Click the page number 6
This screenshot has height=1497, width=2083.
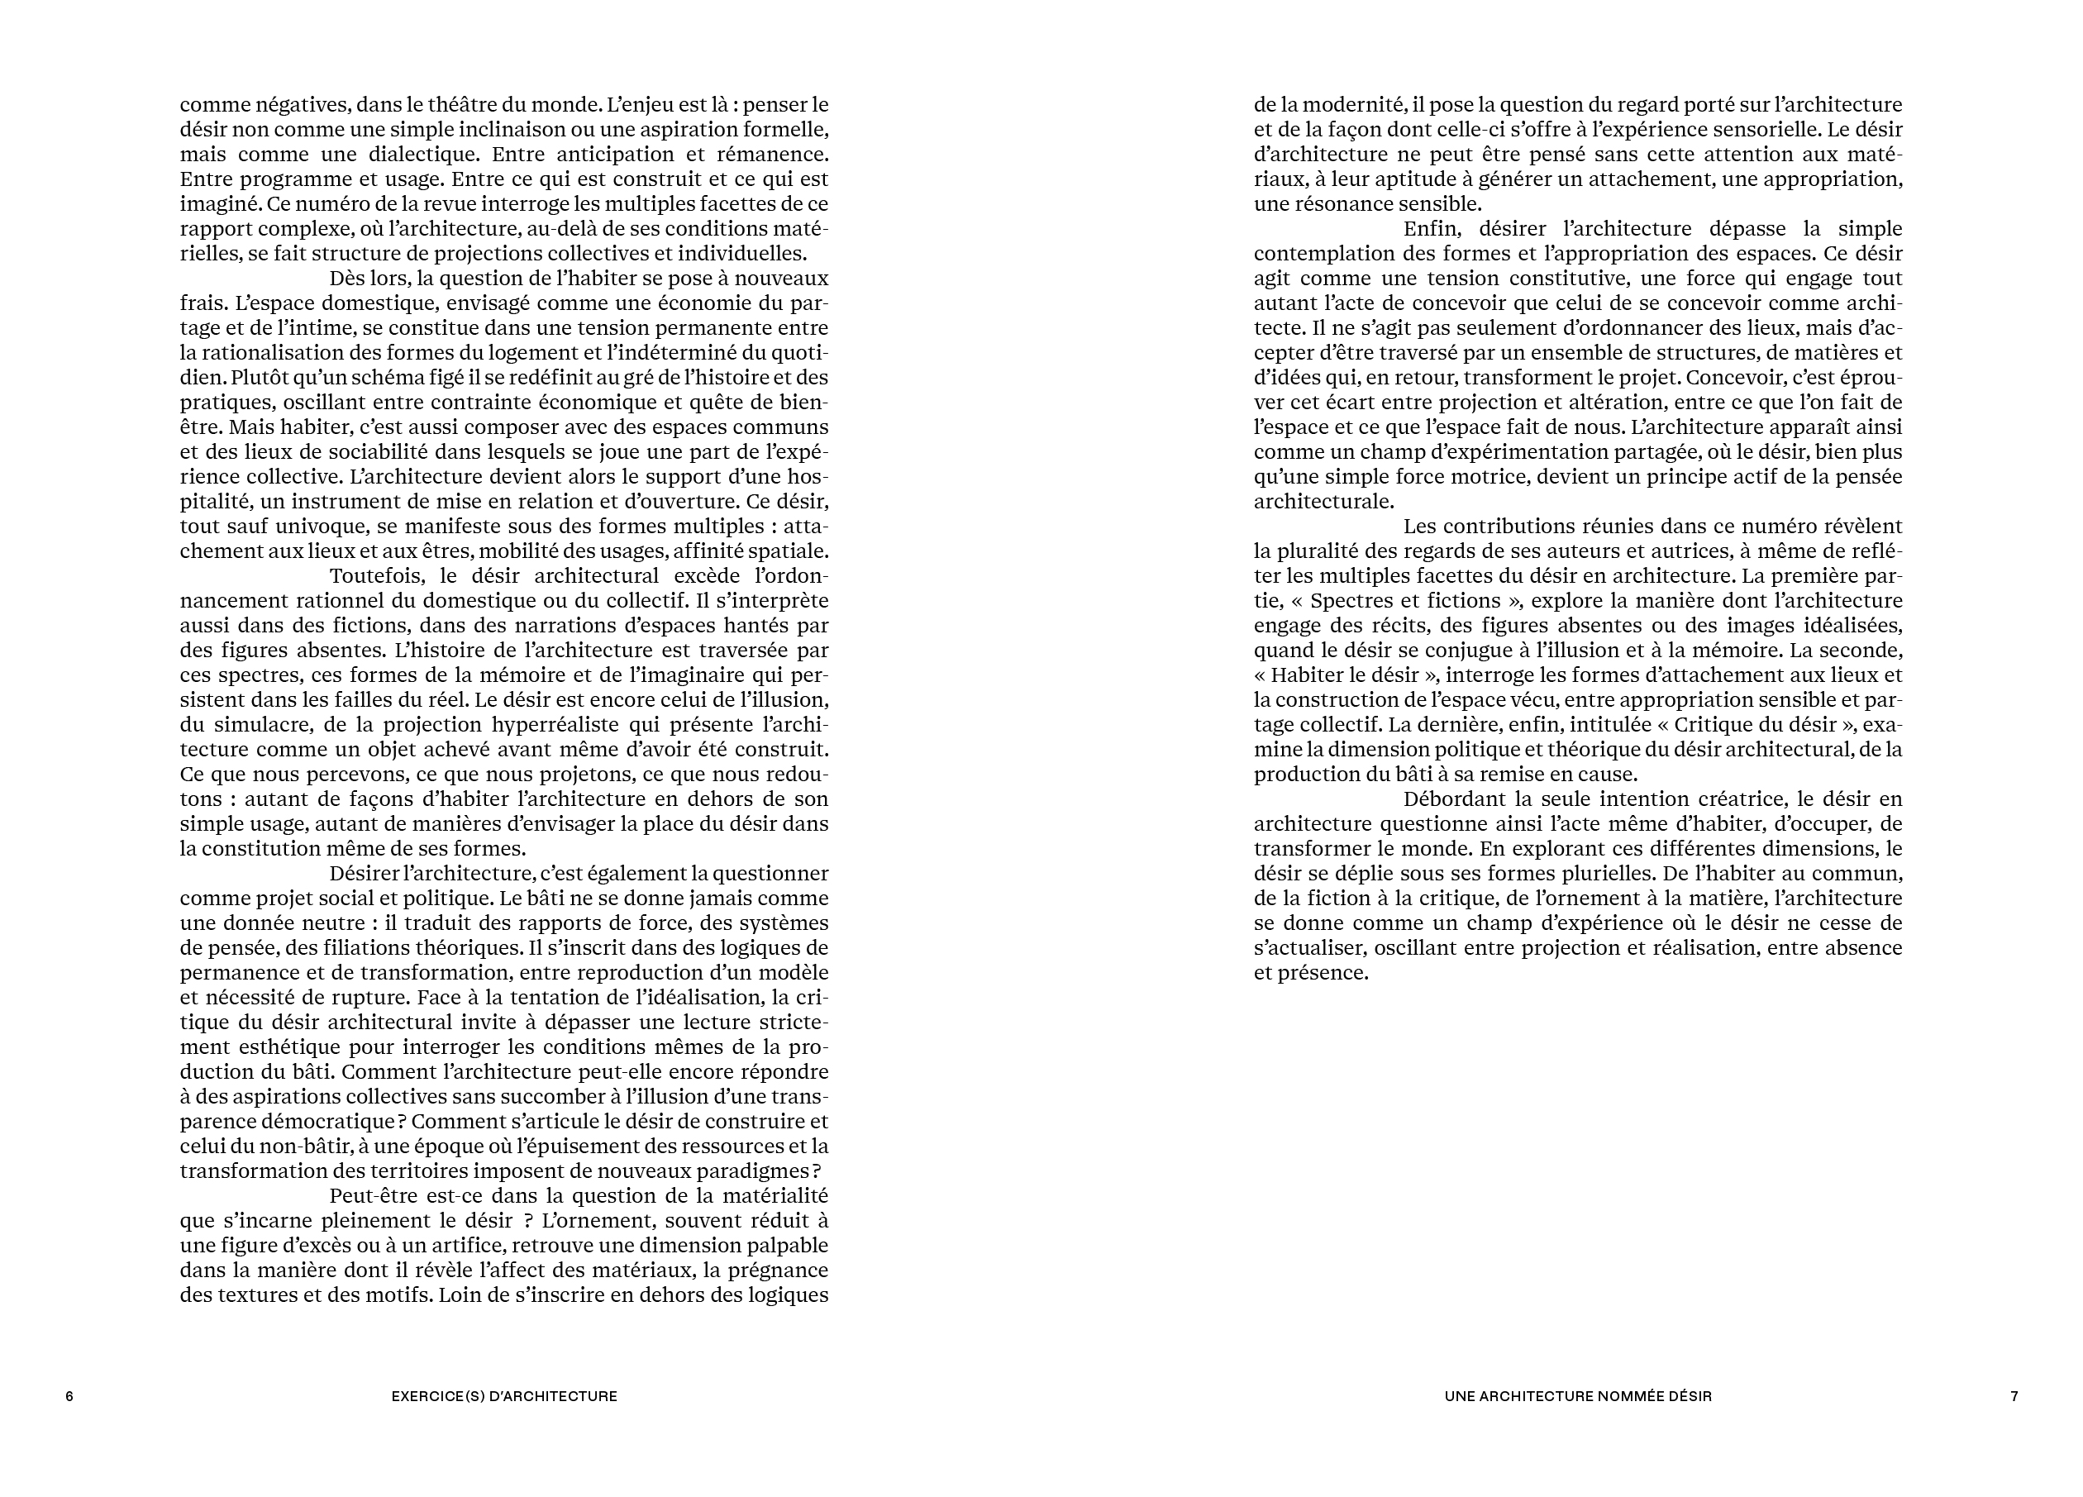[x=69, y=1396]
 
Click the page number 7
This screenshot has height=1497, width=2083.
[x=2014, y=1396]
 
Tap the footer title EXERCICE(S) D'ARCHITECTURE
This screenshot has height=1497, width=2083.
[x=504, y=1396]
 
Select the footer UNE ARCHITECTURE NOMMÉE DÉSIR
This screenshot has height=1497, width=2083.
[x=1578, y=1396]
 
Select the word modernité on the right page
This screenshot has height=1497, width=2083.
[x=1348, y=105]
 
